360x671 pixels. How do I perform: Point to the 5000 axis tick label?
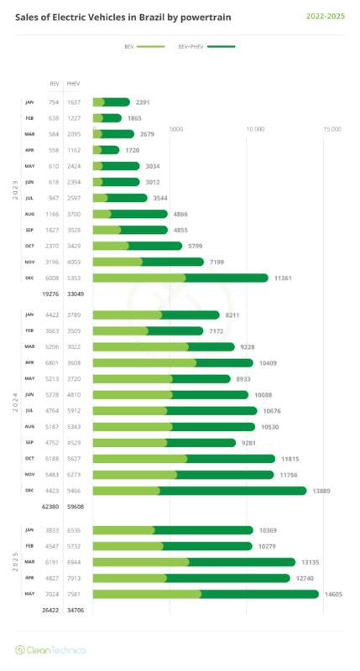177,129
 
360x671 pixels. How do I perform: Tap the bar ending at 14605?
201,594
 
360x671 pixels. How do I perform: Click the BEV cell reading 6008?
55,278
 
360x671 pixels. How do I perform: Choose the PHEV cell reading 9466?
73,491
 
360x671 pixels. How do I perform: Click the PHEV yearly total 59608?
75,507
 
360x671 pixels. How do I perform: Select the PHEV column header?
73,85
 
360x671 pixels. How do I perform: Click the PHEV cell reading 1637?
73,102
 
